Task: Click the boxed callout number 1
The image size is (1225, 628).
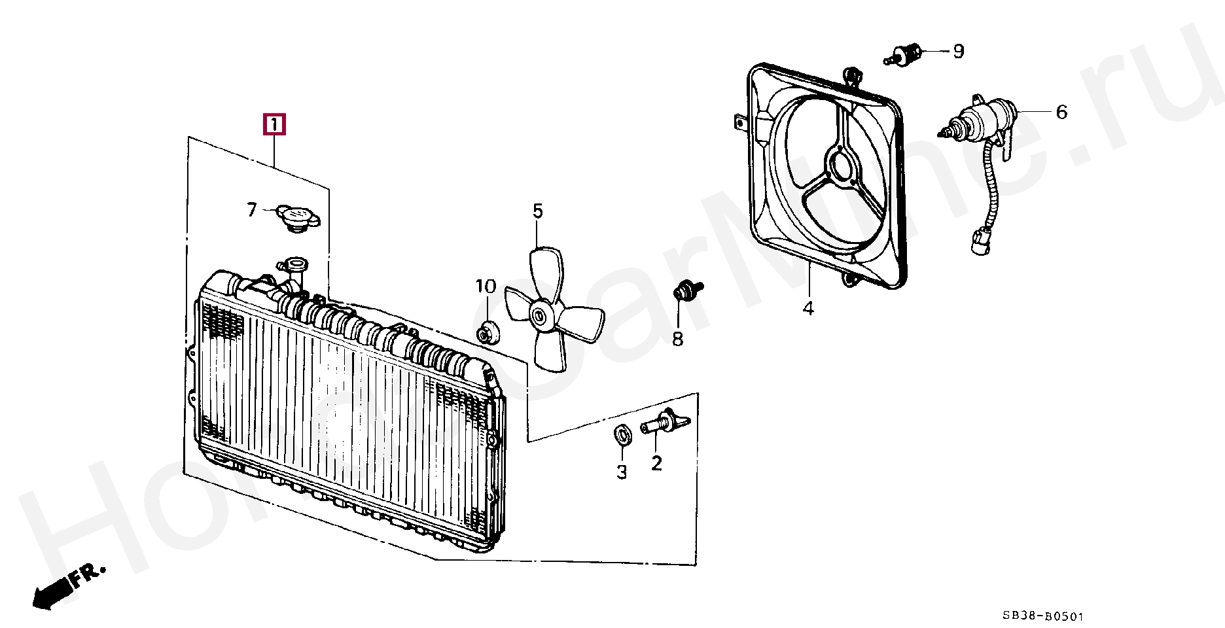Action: click(x=274, y=124)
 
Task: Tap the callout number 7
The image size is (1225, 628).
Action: click(x=252, y=210)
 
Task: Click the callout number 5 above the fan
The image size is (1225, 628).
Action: click(x=537, y=211)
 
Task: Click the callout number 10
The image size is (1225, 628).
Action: click(x=486, y=287)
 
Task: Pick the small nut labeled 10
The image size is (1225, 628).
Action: click(x=486, y=333)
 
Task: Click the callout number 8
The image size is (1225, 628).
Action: click(x=677, y=339)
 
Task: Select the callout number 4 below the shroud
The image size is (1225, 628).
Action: click(x=808, y=308)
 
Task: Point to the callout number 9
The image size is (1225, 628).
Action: click(x=958, y=51)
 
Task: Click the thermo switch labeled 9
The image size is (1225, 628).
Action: click(x=905, y=55)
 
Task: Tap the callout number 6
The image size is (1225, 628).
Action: click(x=1061, y=113)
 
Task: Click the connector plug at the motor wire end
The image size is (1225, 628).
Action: click(x=980, y=242)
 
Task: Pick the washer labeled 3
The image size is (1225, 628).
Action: click(x=622, y=434)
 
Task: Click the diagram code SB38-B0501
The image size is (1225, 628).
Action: click(x=1043, y=616)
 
